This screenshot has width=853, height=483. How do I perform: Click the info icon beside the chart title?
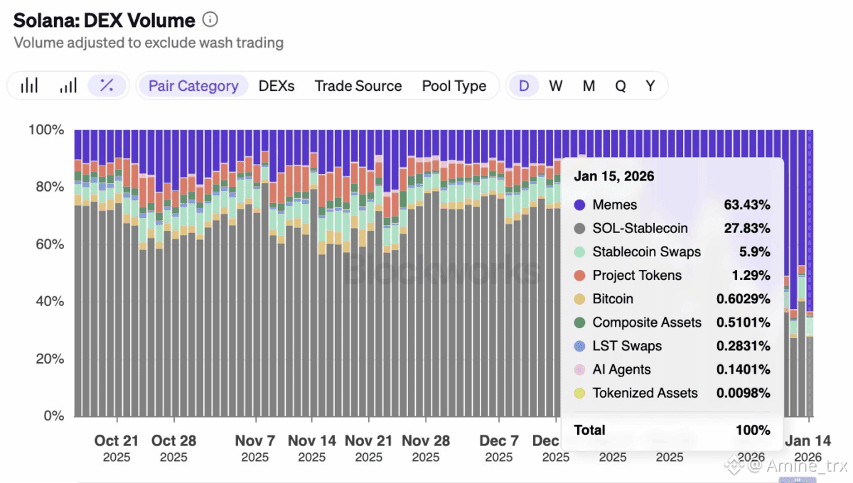tap(210, 20)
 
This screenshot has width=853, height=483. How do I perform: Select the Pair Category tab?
tap(193, 86)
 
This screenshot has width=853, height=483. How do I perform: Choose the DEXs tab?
tap(277, 86)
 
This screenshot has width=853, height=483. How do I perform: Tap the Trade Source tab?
tap(358, 86)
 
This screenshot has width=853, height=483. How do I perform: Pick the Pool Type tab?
tap(454, 86)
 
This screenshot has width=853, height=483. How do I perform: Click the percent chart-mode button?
tap(107, 86)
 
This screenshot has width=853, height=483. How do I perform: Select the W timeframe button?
tap(556, 86)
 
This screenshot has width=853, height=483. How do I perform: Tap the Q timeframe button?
tap(621, 86)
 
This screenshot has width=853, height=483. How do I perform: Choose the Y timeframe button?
tap(650, 86)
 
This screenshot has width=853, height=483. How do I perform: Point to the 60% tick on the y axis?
tap(46, 244)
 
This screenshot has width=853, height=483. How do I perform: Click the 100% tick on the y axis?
tap(46, 130)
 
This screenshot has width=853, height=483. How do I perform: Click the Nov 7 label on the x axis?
tap(255, 440)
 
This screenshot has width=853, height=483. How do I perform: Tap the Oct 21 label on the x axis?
tap(117, 440)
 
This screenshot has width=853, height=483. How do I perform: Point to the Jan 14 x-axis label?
tap(808, 440)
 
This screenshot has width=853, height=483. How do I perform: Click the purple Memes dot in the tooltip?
tap(580, 205)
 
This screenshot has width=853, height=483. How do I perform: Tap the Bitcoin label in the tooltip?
tap(613, 299)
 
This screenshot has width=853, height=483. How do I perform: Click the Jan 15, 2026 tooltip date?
tap(614, 176)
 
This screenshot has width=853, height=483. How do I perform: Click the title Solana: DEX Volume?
tap(104, 21)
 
